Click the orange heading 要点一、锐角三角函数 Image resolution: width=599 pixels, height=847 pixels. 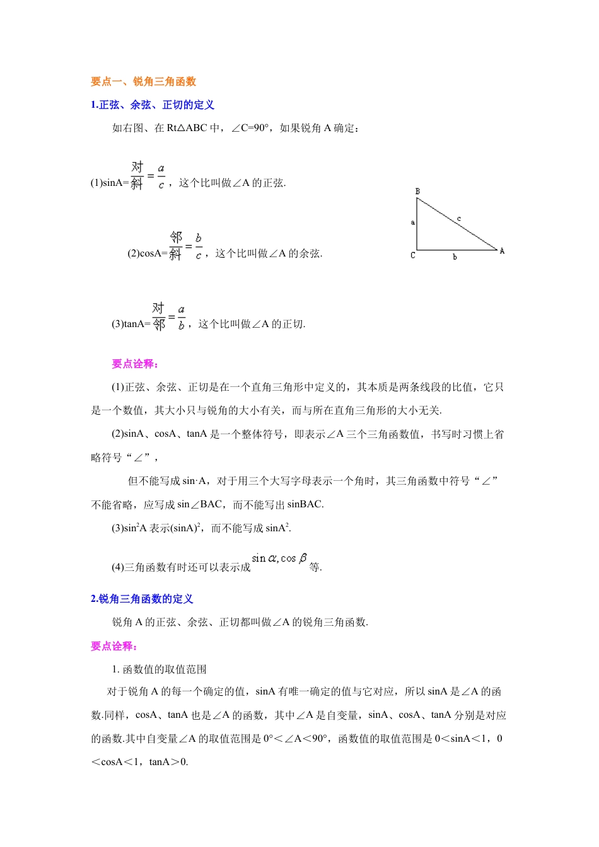[143, 81]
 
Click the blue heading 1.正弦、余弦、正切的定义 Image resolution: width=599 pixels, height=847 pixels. [152, 105]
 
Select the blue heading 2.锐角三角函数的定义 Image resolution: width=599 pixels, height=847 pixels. [142, 599]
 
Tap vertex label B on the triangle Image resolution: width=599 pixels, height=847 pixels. [417, 191]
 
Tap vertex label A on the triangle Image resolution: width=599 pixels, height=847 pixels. [502, 251]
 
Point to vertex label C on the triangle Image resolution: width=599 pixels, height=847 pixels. [413, 255]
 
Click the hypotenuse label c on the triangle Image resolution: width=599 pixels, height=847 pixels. [459, 219]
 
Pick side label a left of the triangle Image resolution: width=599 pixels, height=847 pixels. [413, 222]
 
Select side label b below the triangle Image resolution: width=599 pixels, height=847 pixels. [455, 257]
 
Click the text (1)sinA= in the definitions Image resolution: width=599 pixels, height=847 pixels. [110, 183]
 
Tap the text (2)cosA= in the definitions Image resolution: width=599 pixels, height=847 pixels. [148, 254]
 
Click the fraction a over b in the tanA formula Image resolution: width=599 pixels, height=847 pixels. [181, 318]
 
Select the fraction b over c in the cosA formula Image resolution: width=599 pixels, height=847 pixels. [199, 246]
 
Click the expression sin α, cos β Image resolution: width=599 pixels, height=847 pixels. [279, 558]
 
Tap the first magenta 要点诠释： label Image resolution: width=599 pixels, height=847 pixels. [135, 364]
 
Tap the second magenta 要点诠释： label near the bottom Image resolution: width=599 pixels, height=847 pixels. [114, 646]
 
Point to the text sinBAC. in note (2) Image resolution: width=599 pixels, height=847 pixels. [305, 505]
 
